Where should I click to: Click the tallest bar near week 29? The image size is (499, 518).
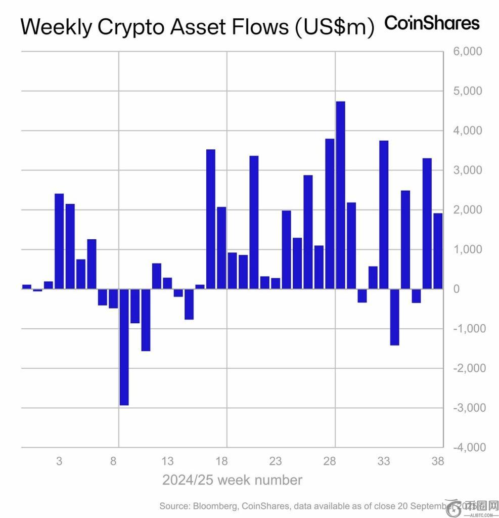(x=340, y=195)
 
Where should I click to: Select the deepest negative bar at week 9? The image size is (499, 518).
(x=124, y=347)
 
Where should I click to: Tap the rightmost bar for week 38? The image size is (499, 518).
(x=438, y=251)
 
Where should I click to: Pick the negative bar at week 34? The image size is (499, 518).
(x=395, y=317)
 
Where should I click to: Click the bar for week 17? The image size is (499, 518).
(x=211, y=219)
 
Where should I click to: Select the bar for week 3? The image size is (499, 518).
(x=59, y=241)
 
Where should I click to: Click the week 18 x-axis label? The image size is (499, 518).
(x=220, y=461)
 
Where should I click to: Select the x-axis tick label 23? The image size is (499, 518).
(x=275, y=461)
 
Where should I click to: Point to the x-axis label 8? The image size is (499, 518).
(x=113, y=461)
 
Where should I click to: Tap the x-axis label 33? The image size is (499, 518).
(x=384, y=461)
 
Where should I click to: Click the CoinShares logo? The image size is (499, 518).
(x=432, y=23)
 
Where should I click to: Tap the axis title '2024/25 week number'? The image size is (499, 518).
(x=232, y=480)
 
